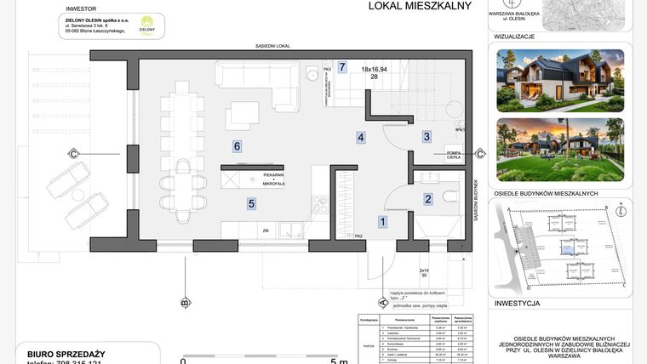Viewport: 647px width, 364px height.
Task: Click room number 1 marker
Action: point(383,222)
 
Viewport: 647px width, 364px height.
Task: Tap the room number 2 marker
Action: point(428,199)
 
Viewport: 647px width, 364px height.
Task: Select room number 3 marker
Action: point(427,136)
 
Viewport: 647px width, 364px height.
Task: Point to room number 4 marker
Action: point(361,137)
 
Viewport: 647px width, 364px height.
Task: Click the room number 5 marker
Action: point(251,203)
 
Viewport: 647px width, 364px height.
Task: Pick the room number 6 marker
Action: point(238,146)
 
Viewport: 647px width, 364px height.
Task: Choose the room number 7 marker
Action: point(342,66)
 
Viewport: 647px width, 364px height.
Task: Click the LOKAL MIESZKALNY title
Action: point(408,6)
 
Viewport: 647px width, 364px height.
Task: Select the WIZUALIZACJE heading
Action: point(515,37)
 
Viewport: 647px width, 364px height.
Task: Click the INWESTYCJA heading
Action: point(517,303)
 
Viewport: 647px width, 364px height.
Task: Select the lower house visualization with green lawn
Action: point(559,149)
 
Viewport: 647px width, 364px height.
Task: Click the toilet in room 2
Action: point(449,199)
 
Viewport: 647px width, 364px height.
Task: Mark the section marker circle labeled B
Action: point(185,302)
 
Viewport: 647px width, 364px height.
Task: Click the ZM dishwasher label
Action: point(266,230)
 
